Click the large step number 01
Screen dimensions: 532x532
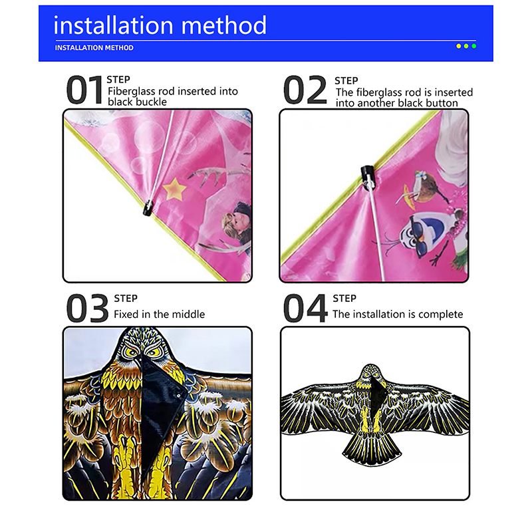(84, 90)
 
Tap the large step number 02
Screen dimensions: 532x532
(305, 90)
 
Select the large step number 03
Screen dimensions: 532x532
(88, 309)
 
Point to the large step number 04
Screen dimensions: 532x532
(305, 309)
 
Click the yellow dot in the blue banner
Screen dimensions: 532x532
(458, 46)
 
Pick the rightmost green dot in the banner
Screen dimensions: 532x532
(474, 46)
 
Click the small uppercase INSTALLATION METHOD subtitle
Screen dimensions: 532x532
(94, 48)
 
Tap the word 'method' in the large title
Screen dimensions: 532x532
(224, 25)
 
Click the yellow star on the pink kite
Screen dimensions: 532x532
(174, 189)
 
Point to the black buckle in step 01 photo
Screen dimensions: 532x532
(148, 208)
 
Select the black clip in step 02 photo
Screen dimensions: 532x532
(367, 177)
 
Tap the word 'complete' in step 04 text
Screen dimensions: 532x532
(440, 315)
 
